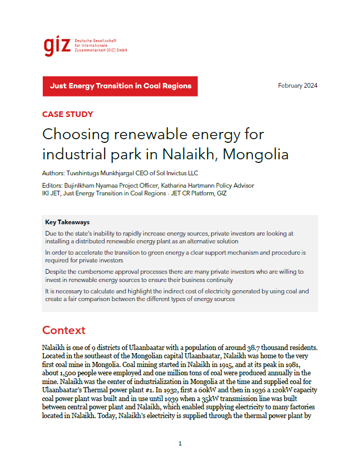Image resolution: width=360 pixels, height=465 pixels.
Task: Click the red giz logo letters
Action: (57, 46)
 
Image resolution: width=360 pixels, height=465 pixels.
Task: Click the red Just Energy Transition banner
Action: (120, 86)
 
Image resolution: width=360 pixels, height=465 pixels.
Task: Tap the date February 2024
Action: (298, 86)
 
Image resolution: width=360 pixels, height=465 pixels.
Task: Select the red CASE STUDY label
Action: (67, 114)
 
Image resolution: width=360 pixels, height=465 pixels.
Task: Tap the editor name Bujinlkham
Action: (79, 186)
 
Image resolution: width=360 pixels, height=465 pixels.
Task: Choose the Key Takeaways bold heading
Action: (67, 223)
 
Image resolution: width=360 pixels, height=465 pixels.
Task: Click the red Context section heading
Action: (64, 330)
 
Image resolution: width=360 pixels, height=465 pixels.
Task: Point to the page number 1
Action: (180, 443)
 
